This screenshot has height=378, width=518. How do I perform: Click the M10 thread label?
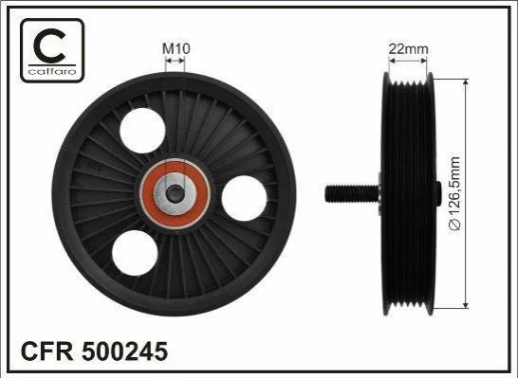(176, 49)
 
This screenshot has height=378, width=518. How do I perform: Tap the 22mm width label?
(408, 49)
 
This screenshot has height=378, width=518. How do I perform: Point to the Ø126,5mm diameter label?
(455, 194)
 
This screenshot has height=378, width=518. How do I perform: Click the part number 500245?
(124, 351)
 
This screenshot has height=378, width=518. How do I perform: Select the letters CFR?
(46, 351)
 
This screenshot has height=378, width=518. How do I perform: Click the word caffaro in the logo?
(52, 71)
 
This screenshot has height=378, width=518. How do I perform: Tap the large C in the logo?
(50, 45)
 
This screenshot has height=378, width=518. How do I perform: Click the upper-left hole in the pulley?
(142, 131)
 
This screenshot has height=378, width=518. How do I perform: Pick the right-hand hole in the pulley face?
(244, 198)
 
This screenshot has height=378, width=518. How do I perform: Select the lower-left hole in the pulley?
(135, 253)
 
